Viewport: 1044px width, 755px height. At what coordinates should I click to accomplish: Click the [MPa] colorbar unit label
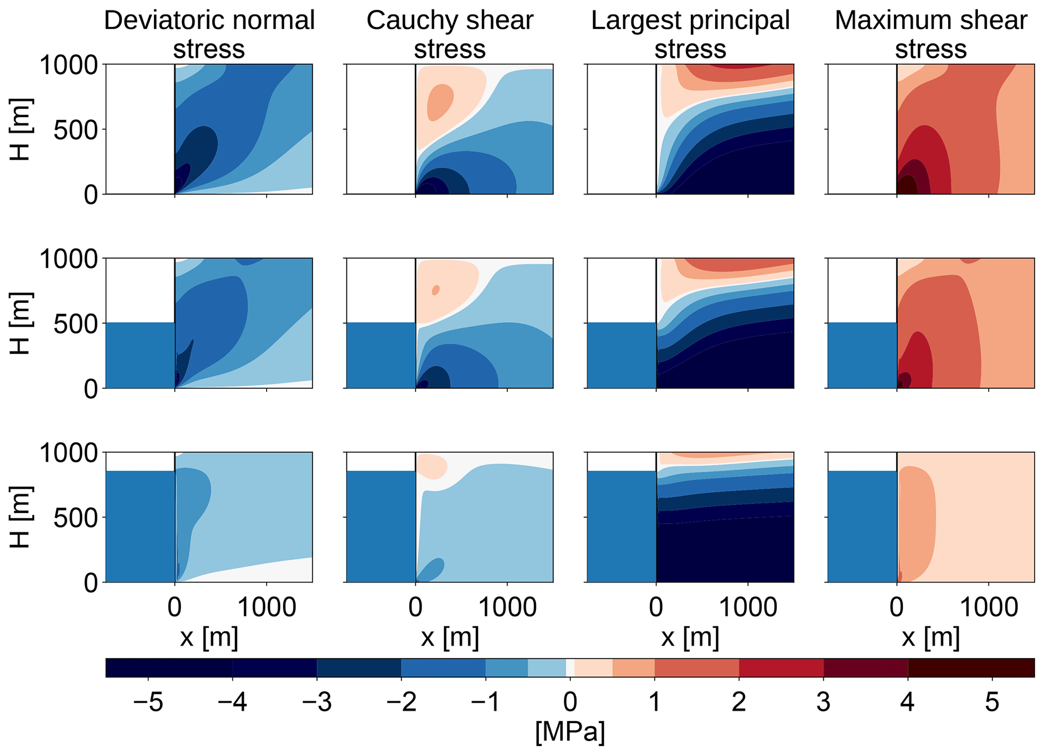click(570, 732)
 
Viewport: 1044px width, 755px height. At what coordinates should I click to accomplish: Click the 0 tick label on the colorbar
click(570, 702)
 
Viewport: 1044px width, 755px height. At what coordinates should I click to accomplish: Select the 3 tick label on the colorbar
click(823, 702)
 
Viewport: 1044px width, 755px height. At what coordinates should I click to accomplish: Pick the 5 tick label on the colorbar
click(992, 702)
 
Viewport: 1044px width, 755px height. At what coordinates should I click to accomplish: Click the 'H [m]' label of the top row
click(21, 129)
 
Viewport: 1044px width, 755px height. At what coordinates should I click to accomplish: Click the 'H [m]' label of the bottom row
click(21, 517)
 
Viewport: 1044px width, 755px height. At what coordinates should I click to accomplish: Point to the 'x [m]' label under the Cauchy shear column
click(450, 637)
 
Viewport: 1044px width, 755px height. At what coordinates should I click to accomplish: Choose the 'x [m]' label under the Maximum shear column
click(931, 637)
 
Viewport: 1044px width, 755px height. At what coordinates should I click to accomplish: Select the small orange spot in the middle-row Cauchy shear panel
click(435, 290)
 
